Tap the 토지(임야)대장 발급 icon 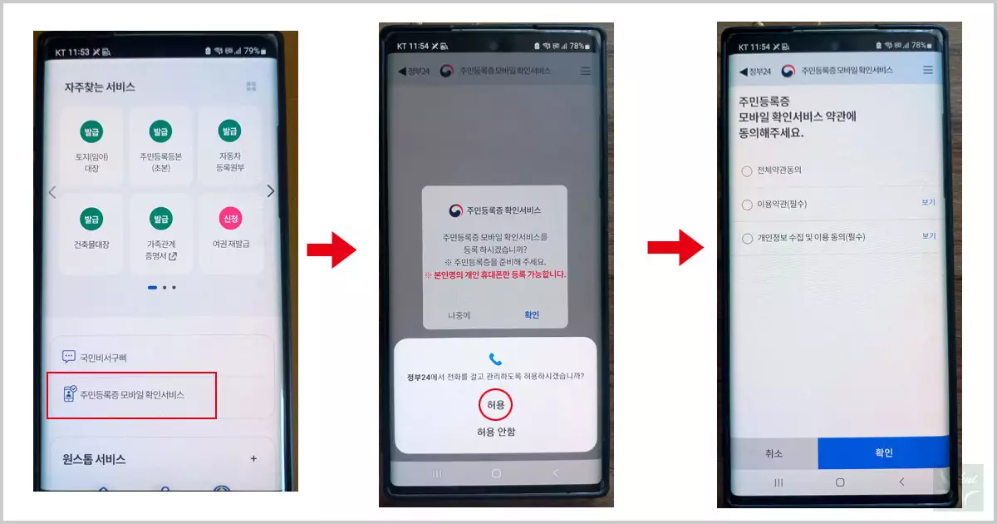91,131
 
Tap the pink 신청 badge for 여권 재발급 230,219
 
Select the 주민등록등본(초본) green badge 160,131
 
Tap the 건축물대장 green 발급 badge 91,219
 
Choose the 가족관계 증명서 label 160,250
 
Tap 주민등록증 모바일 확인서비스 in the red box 132,394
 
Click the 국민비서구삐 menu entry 103,358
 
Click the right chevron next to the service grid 270,191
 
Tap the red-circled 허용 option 495,405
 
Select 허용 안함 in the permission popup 495,432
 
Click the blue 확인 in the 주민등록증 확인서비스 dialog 532,314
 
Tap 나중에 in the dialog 459,314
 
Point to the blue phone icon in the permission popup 495,359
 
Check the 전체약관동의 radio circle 746,171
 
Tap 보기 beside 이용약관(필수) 928,203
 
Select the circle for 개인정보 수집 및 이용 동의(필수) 746,238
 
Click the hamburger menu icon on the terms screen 928,72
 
